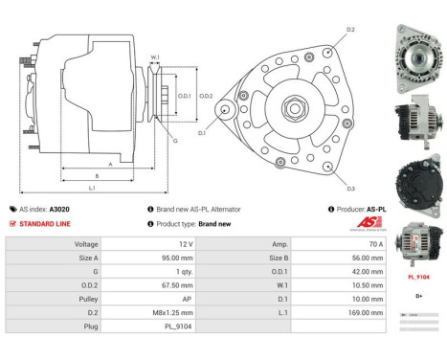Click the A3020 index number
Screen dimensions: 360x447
click(59, 209)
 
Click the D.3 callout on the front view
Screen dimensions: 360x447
click(351, 188)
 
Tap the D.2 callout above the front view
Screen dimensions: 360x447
click(350, 31)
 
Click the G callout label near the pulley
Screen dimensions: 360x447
click(175, 141)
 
